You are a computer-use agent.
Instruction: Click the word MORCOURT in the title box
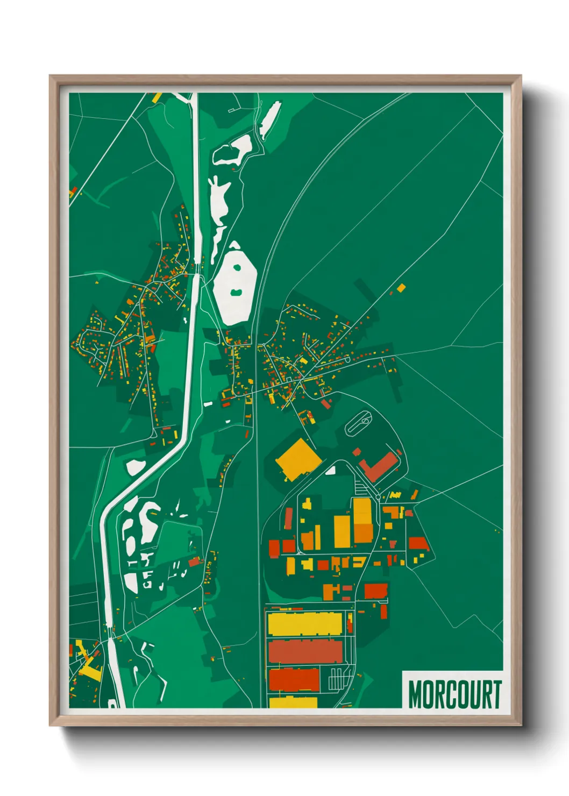pos(454,694)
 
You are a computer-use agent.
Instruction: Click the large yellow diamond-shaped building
pos(298,459)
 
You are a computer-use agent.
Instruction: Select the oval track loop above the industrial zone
pos(359,423)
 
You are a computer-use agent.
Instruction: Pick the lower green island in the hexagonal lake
pos(236,292)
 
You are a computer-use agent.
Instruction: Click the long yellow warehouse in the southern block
pos(304,623)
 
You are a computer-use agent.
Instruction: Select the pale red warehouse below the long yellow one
pos(305,651)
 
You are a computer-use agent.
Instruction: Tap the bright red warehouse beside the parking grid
pos(294,679)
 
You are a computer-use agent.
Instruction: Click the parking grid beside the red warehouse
pos(338,679)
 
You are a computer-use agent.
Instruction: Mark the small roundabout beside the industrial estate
pos(379,495)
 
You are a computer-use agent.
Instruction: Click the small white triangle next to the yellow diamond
pos(331,471)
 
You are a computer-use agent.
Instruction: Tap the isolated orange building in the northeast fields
pos(401,288)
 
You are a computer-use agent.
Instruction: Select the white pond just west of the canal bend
pos(134,466)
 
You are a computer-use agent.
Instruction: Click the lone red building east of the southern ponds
pos(194,562)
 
